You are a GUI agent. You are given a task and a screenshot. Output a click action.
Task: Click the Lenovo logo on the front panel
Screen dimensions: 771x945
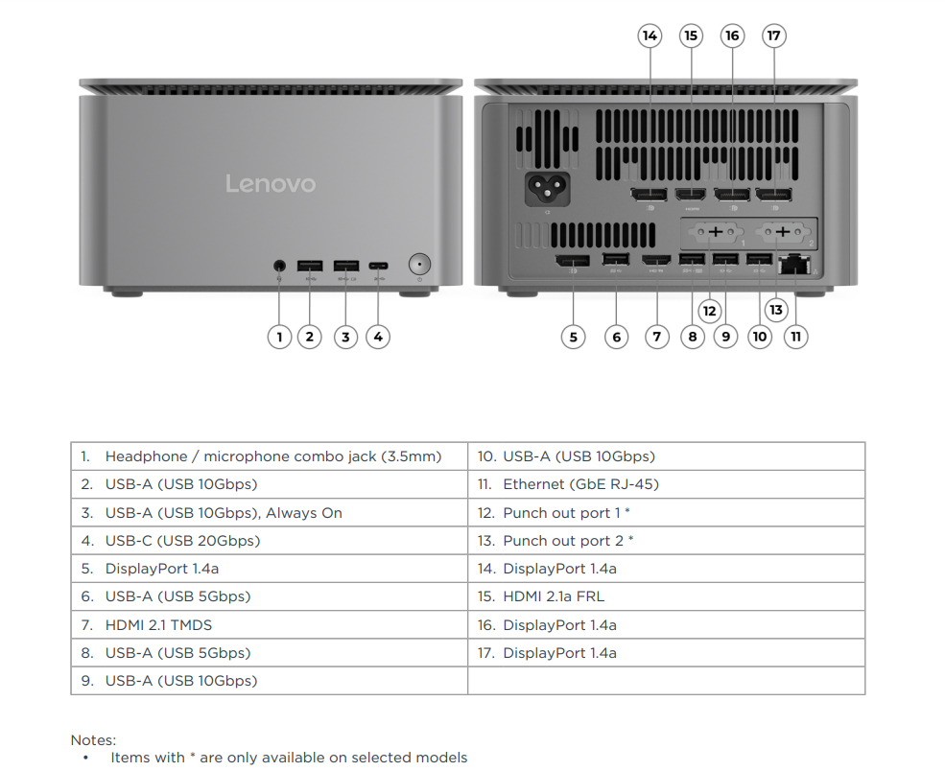coord(270,183)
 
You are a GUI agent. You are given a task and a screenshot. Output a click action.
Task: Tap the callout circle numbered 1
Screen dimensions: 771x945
coord(279,337)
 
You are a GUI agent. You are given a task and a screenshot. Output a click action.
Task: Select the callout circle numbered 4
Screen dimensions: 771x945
coord(378,337)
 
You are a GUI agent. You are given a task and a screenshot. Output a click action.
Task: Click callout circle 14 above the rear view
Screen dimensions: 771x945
coord(650,36)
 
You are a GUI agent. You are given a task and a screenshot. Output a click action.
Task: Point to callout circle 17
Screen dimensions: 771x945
coord(773,36)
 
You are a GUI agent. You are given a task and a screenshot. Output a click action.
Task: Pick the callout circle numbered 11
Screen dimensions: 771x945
coord(795,337)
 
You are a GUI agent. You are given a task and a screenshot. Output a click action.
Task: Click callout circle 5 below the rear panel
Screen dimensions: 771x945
coord(573,337)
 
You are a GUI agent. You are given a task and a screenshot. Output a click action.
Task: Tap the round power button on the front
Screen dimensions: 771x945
coord(419,264)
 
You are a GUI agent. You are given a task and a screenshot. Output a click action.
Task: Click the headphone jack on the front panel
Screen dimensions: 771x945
coord(279,264)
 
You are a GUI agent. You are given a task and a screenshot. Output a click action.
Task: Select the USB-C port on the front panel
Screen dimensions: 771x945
coord(378,265)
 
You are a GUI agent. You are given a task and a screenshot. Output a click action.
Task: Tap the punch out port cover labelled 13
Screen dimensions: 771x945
coord(784,232)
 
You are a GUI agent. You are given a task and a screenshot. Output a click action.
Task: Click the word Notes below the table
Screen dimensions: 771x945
coord(93,740)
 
